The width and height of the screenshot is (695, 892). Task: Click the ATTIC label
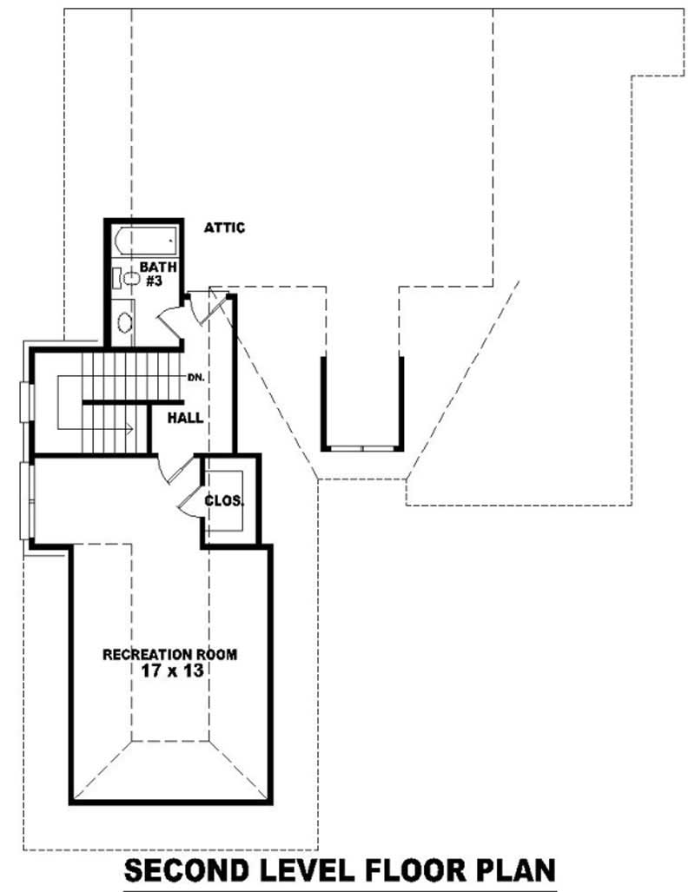coord(224,228)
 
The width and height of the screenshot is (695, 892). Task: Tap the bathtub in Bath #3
coord(146,239)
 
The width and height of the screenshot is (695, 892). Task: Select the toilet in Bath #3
coord(129,279)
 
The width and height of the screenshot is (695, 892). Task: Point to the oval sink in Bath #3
coord(124,323)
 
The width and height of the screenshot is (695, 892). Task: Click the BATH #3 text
coord(157,274)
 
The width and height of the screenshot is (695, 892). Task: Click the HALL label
coord(186,418)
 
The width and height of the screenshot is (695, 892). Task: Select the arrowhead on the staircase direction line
coord(129,427)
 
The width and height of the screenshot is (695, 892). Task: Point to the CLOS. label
coord(224,501)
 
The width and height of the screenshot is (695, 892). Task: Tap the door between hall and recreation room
coord(172,469)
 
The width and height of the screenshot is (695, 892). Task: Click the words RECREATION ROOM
coord(169,654)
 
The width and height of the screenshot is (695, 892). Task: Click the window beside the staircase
coord(26,401)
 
